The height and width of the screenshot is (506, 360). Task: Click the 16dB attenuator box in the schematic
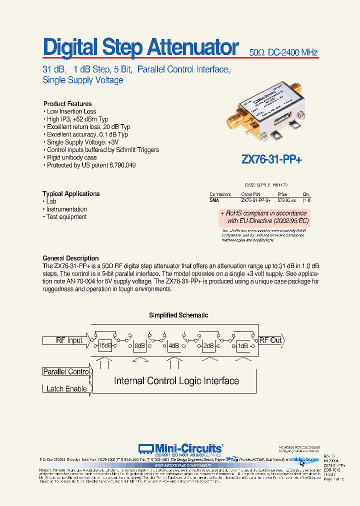coord(105,345)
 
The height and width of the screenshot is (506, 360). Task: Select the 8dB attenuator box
coord(139,345)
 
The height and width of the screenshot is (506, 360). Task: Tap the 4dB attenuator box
coord(174,345)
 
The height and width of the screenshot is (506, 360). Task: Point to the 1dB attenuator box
coord(243,345)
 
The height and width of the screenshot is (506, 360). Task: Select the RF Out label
coord(270,340)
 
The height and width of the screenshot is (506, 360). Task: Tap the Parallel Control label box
coord(66,371)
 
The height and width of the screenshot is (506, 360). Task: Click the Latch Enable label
coord(66,388)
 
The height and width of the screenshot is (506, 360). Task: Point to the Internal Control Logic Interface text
coord(176,381)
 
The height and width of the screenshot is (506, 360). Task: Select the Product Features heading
coord(67,103)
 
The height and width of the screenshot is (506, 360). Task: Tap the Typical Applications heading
coord(71,193)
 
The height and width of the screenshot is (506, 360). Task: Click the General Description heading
coord(70,258)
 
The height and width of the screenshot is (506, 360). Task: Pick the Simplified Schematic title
coord(178,315)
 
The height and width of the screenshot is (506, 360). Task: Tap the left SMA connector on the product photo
coord(234,120)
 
